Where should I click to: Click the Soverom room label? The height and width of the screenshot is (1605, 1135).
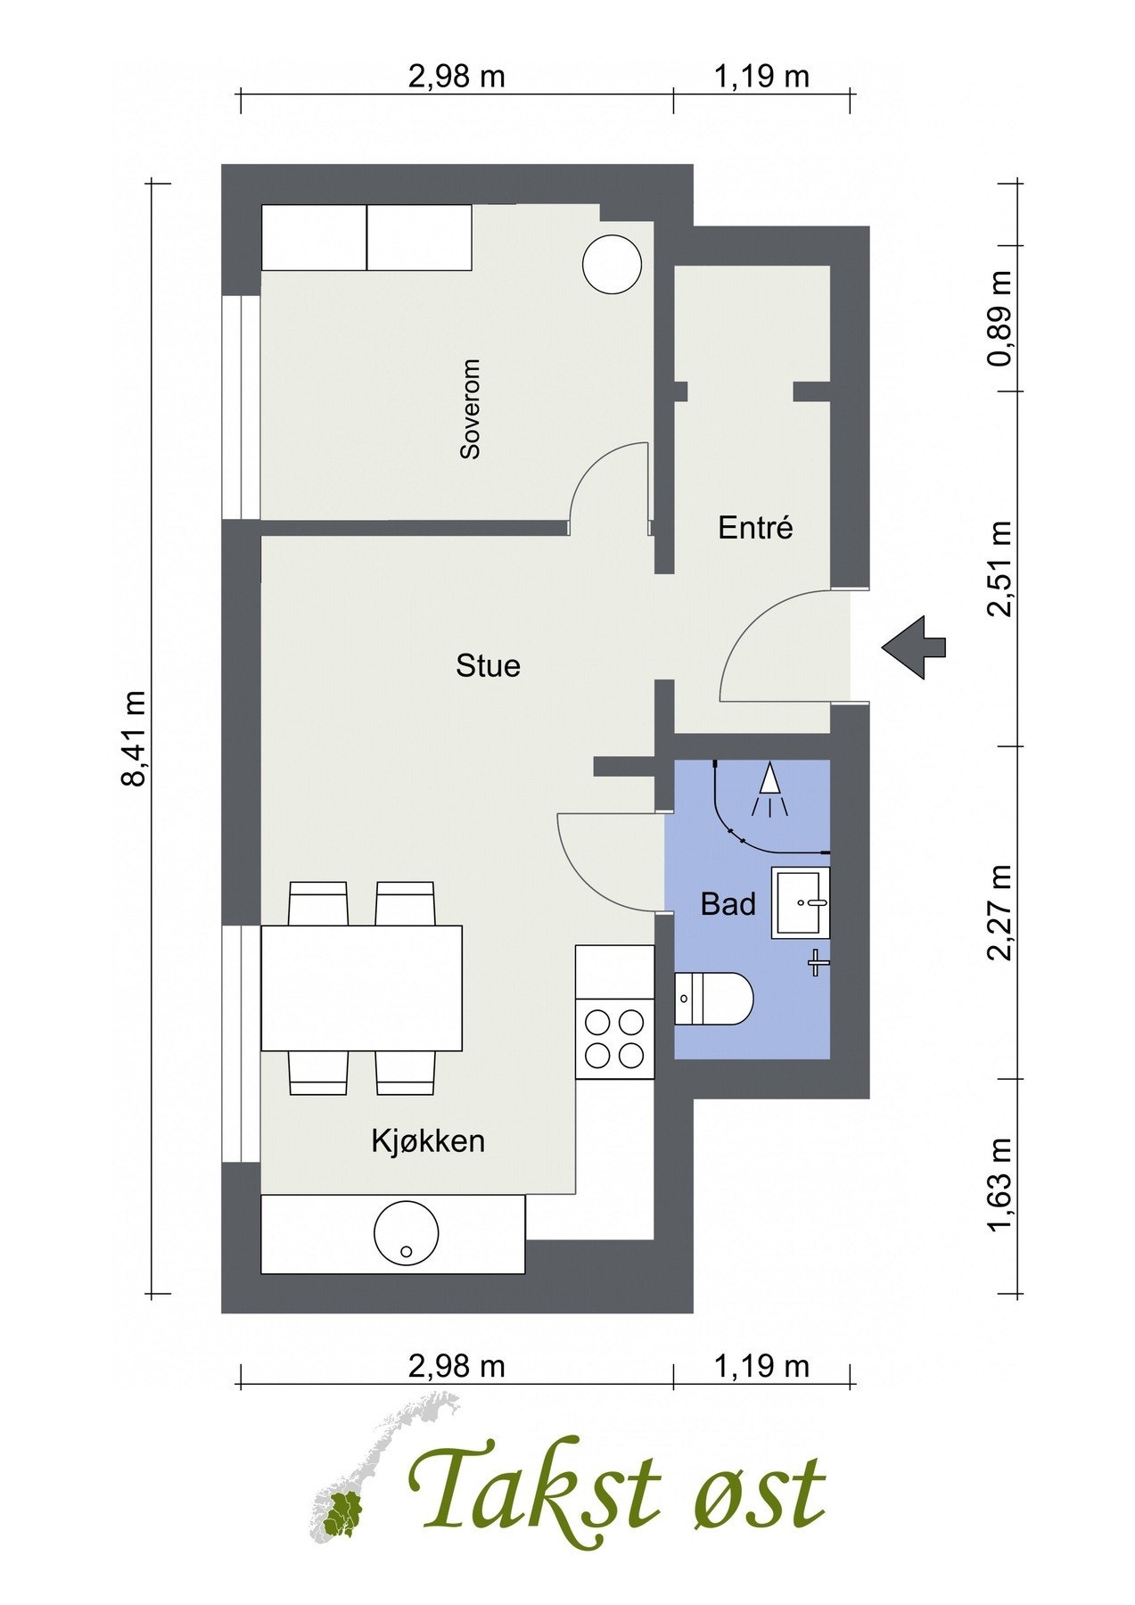[470, 409]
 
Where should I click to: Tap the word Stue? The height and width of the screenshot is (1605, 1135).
[488, 666]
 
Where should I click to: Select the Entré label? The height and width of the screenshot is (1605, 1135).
[755, 528]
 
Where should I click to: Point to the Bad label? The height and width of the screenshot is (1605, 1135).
[728, 904]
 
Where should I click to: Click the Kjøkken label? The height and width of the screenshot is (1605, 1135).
[428, 1140]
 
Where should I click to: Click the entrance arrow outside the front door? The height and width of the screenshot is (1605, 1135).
[913, 646]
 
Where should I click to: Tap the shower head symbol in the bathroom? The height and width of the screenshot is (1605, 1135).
[769, 790]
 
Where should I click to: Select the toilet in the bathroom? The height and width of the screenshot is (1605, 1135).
[714, 999]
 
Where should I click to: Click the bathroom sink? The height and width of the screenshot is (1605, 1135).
[801, 901]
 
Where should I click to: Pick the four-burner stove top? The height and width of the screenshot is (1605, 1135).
[614, 1039]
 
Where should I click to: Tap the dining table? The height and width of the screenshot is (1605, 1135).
[361, 988]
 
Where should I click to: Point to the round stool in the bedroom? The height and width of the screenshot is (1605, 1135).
[612, 263]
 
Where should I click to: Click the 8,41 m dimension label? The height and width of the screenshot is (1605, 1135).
[134, 737]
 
